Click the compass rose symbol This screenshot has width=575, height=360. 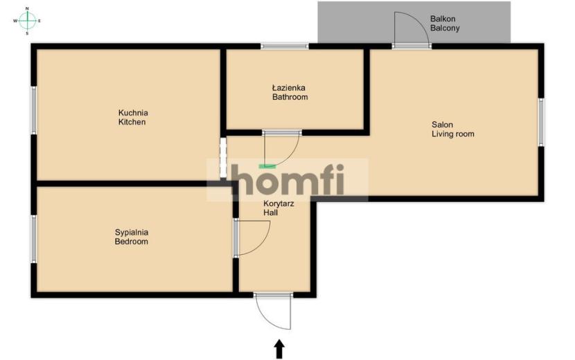[28, 21]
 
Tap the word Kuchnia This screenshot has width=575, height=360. [133, 113]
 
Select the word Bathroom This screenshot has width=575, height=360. [290, 97]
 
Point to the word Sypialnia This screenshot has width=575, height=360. [132, 232]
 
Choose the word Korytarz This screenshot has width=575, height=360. [278, 204]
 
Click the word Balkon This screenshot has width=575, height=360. [443, 19]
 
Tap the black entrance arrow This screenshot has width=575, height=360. [279, 349]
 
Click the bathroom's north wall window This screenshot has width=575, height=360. [285, 46]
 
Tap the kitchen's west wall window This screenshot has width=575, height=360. [34, 110]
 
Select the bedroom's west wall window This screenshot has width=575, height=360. [34, 239]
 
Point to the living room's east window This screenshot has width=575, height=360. [541, 122]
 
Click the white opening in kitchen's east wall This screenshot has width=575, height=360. [223, 158]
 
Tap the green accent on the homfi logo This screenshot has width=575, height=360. [267, 166]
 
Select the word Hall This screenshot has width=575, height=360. [271, 213]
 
